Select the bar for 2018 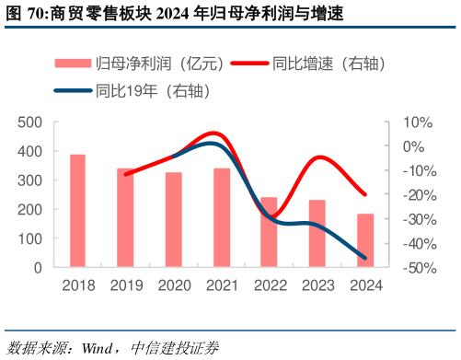pyautogui.click(x=77, y=211)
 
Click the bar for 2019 pyautogui.click(x=125, y=218)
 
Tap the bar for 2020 pyautogui.click(x=173, y=220)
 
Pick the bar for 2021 pyautogui.click(x=221, y=218)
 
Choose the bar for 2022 pyautogui.click(x=269, y=233)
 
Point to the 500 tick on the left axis pyautogui.click(x=30, y=122)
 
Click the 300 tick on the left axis pyautogui.click(x=30, y=180)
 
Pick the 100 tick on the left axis pyautogui.click(x=30, y=238)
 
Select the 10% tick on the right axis pyautogui.click(x=411, y=122)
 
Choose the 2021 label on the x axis pyautogui.click(x=221, y=285)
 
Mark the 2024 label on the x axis pyautogui.click(x=364, y=285)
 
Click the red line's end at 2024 pyautogui.click(x=364, y=194)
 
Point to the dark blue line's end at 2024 pyautogui.click(x=364, y=257)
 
